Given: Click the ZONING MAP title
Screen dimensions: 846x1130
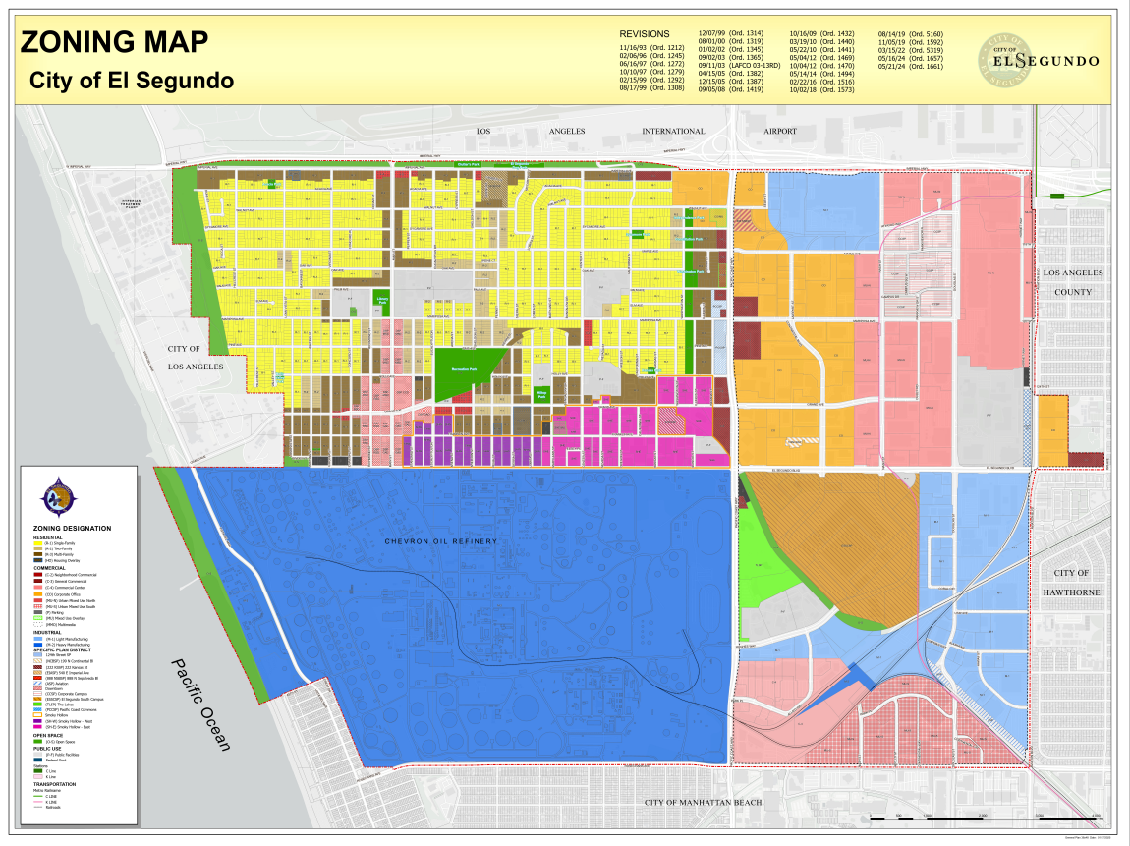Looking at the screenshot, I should click(114, 42).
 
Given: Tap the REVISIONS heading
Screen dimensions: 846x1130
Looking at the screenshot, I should click(644, 33).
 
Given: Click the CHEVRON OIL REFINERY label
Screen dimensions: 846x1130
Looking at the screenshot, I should click(441, 541).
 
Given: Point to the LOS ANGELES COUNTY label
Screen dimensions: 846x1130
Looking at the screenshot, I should click(1073, 282).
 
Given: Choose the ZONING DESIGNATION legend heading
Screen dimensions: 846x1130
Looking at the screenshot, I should click(77, 528).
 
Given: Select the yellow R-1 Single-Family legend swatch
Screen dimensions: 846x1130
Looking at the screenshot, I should click(36, 541).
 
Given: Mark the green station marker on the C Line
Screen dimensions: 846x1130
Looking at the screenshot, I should click(1059, 197).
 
